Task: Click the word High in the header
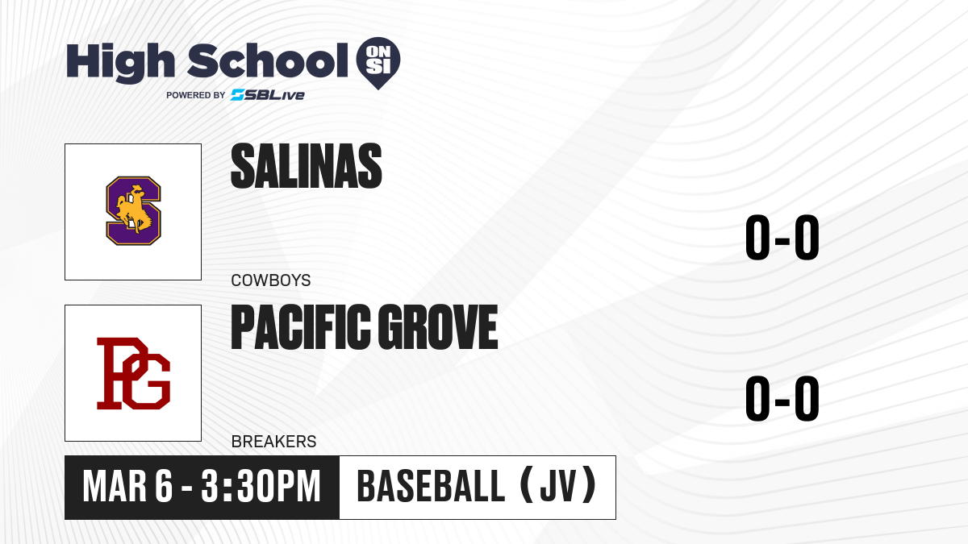(120, 63)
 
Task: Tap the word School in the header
(268, 61)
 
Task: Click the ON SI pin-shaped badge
(378, 63)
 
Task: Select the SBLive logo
(268, 95)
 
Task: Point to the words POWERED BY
(196, 95)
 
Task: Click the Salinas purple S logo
(134, 210)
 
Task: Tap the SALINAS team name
(307, 166)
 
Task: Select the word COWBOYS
(271, 280)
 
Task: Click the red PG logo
(134, 373)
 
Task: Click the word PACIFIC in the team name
(301, 326)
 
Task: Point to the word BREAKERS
(274, 442)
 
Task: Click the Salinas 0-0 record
(782, 237)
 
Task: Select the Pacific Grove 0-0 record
(782, 398)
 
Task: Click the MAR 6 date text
(127, 487)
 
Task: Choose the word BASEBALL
(431, 486)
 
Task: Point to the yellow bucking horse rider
(134, 210)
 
